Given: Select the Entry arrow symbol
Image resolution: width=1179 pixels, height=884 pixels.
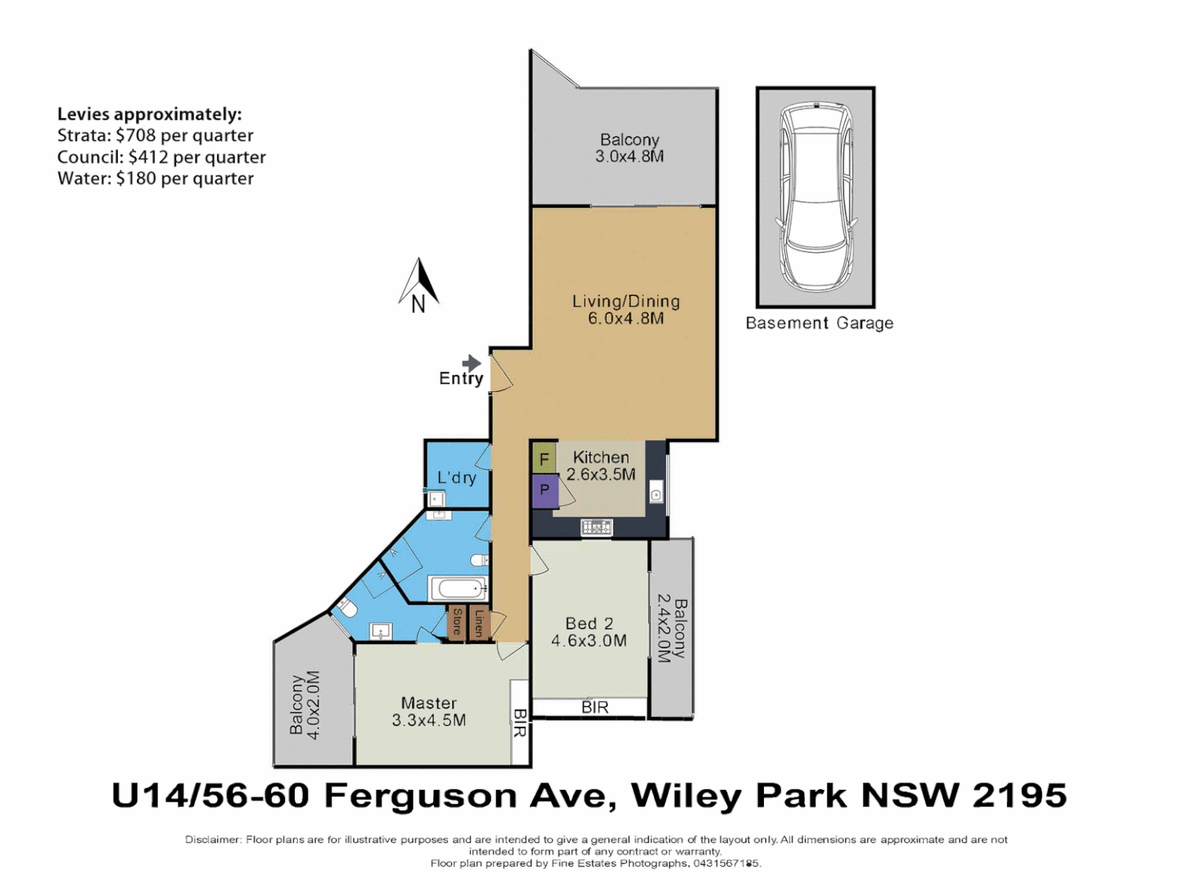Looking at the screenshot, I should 471,363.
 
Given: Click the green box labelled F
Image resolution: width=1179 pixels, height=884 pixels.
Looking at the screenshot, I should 544,459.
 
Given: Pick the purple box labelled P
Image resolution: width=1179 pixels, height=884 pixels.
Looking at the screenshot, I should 544,491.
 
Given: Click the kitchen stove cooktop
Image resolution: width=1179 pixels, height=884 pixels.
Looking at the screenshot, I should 596,528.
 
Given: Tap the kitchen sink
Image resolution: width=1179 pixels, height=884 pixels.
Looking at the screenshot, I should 656,494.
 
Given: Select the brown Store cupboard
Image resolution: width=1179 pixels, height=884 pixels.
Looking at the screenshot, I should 457,622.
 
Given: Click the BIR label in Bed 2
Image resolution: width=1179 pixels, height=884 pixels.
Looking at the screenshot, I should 594,707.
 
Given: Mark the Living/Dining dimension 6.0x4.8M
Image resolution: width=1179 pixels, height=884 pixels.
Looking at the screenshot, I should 626,318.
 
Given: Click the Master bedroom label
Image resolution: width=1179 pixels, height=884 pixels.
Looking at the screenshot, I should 429,703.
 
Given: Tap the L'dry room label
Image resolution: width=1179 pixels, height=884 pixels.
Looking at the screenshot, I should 456,478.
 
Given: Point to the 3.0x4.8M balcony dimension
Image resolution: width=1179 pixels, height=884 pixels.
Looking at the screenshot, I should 629,156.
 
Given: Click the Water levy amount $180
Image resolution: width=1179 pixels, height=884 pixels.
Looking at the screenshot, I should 136,178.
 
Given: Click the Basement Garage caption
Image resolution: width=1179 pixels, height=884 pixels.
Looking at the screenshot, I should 819,323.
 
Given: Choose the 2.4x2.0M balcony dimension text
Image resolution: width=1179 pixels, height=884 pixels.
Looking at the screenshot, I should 663,627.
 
